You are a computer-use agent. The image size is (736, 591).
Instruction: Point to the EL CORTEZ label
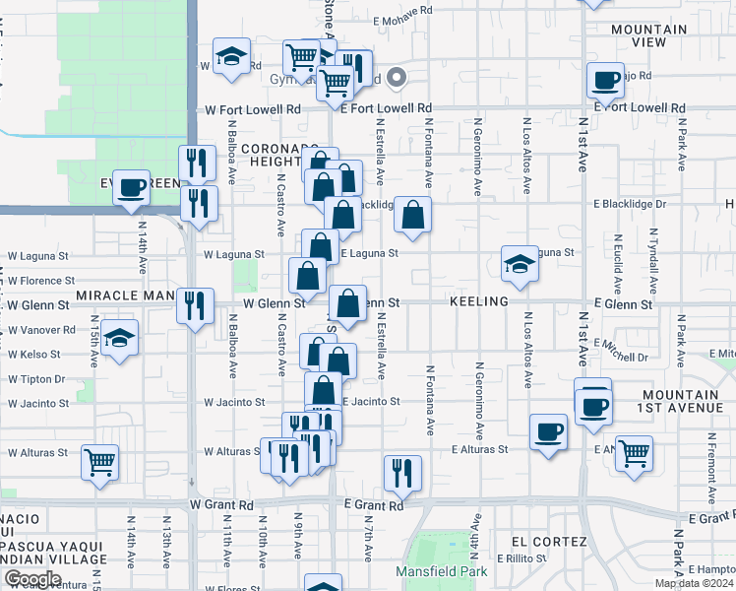(549, 543)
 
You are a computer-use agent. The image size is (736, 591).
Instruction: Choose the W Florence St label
(40, 281)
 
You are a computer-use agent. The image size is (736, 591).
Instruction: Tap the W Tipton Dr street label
(35, 378)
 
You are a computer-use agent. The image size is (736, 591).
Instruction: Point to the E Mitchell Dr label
(621, 356)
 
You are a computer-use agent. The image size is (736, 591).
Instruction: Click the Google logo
(32, 578)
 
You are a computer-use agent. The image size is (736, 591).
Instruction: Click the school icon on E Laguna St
(520, 263)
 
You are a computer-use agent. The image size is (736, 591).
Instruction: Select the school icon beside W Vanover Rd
(119, 339)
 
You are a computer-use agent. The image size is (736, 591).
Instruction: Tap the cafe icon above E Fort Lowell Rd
(605, 80)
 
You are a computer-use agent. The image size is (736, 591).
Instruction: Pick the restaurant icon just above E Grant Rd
(402, 473)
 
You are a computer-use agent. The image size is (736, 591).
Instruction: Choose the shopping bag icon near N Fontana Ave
(413, 216)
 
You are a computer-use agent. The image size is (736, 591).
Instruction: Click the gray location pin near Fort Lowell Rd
(398, 77)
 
